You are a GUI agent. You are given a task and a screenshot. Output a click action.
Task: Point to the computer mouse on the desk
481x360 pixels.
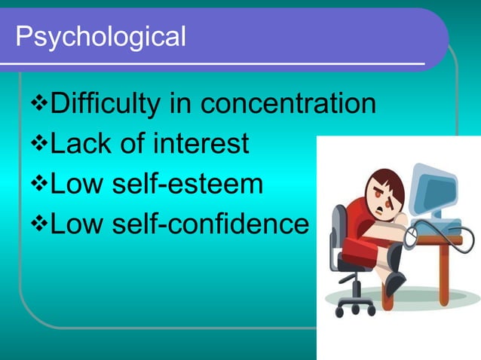click(x=412, y=239)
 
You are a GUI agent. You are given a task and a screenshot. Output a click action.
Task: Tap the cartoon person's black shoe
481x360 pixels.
click(x=394, y=284)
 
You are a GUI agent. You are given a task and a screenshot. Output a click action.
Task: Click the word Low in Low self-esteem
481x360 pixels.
click(x=75, y=183)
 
